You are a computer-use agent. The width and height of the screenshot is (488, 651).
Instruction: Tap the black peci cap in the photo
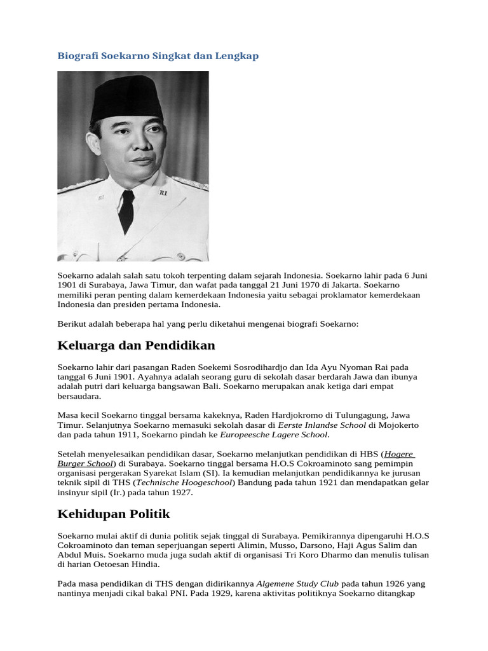point(128,96)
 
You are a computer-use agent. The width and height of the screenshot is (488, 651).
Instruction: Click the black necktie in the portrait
point(127,209)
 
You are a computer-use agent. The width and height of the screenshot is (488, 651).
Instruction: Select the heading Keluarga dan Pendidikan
point(136,346)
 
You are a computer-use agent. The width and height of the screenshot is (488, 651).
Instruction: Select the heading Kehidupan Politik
point(114,514)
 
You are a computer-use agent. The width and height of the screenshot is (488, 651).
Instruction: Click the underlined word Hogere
point(399,455)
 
